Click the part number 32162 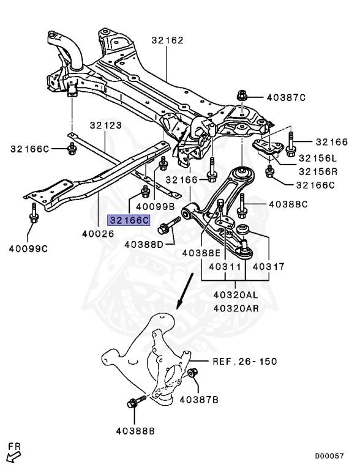(167, 41)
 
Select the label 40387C (285, 97)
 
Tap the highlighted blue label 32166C (129, 220)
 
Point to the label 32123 (105, 125)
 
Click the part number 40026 (98, 233)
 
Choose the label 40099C (28, 248)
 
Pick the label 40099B (155, 206)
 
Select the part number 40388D (144, 245)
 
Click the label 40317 (269, 267)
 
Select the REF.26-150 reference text (244, 361)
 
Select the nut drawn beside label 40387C (241, 97)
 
